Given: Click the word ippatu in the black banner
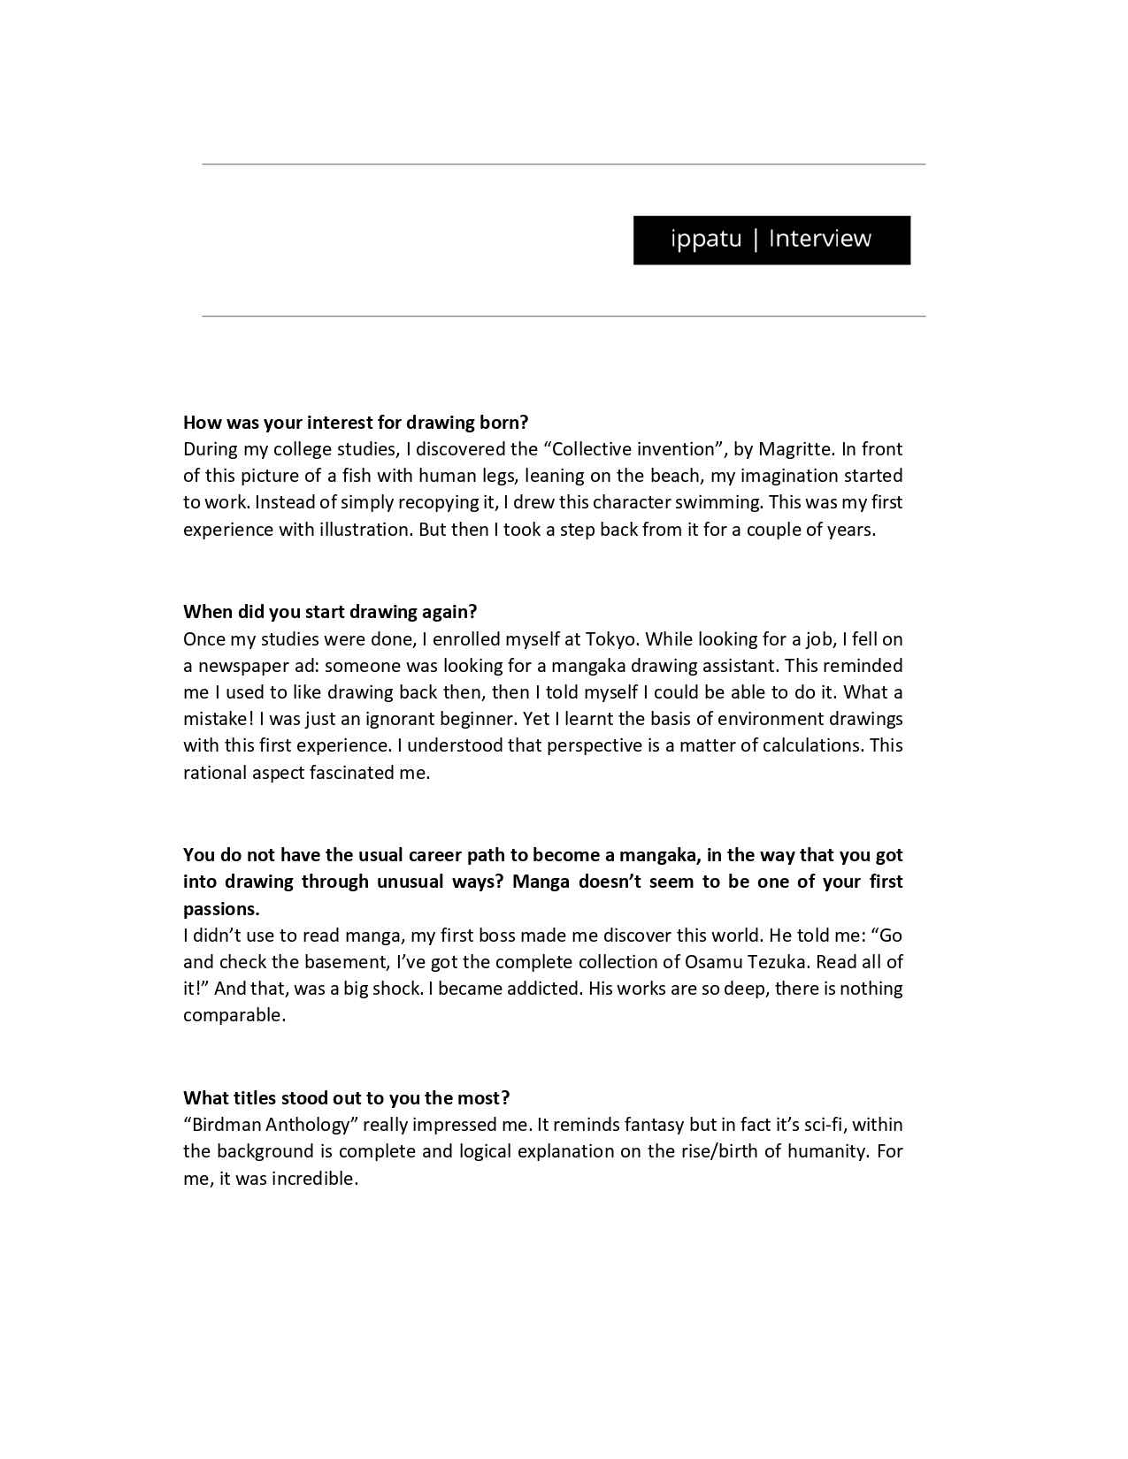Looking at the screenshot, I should point(706,239).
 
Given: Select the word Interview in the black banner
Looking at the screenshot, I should point(820,239).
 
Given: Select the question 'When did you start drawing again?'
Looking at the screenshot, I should point(330,612).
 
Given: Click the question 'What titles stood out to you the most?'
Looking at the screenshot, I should point(346,1098).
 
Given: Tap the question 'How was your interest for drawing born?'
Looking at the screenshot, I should point(356,423).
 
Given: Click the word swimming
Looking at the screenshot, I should point(719,502).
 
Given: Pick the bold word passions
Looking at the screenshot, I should point(221,909).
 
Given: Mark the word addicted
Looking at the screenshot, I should point(543,989).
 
